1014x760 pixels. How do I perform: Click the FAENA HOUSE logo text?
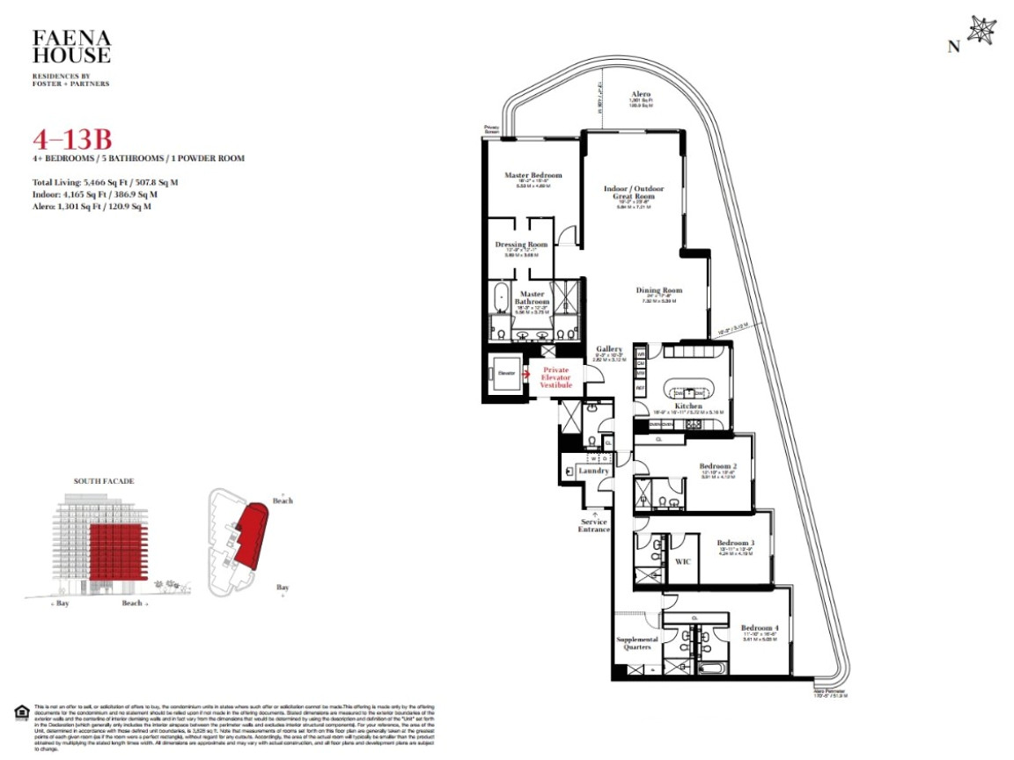pos(71,47)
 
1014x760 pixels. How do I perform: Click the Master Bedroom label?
pos(533,175)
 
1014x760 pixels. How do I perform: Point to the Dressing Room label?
pos(521,244)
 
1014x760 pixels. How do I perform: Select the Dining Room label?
pos(659,290)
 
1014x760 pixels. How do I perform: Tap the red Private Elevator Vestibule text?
pos(557,377)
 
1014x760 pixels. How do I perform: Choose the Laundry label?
pos(594,471)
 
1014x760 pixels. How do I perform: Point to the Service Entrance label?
pos(594,525)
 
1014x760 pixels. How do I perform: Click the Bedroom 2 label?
pos(717,465)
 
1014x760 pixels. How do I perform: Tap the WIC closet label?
pos(680,560)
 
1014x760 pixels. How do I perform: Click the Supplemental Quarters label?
pos(636,643)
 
